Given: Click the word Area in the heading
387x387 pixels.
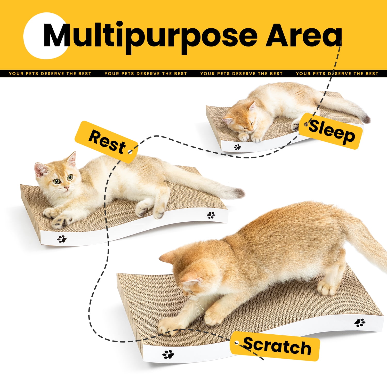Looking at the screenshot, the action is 304,35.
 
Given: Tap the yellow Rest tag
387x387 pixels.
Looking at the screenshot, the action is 106,142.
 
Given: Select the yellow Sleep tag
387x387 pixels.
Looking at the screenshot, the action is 331,131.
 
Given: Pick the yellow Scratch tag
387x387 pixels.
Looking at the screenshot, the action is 275,346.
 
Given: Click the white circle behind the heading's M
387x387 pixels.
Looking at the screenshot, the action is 45,36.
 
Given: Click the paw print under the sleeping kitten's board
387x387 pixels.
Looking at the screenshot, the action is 237,147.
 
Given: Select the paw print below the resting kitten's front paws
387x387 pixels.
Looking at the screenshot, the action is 62,239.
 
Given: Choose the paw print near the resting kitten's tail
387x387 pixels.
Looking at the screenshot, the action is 211,215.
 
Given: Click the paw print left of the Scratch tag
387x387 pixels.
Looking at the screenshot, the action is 168,354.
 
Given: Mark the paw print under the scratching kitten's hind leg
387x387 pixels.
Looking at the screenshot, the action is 360,322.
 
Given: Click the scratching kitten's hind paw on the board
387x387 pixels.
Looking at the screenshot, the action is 326,288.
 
